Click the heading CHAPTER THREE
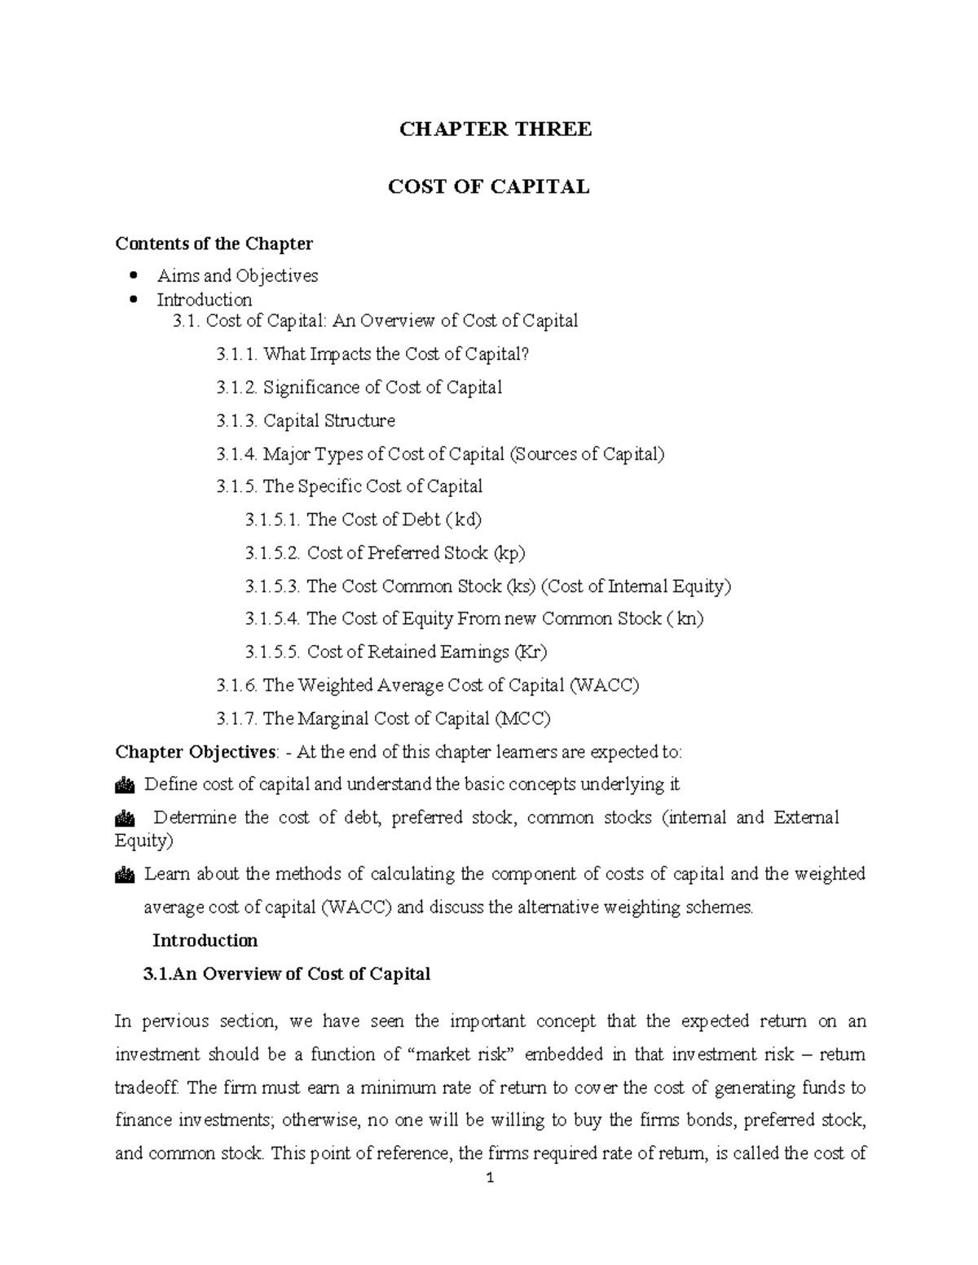(495, 130)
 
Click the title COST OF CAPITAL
(488, 187)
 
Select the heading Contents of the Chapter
(214, 244)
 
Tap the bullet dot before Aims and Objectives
(134, 276)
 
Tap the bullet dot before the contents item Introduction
(134, 300)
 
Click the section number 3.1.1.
(236, 354)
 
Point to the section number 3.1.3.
(236, 421)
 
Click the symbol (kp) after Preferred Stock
(509, 553)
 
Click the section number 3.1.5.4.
(273, 619)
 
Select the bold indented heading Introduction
(205, 941)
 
